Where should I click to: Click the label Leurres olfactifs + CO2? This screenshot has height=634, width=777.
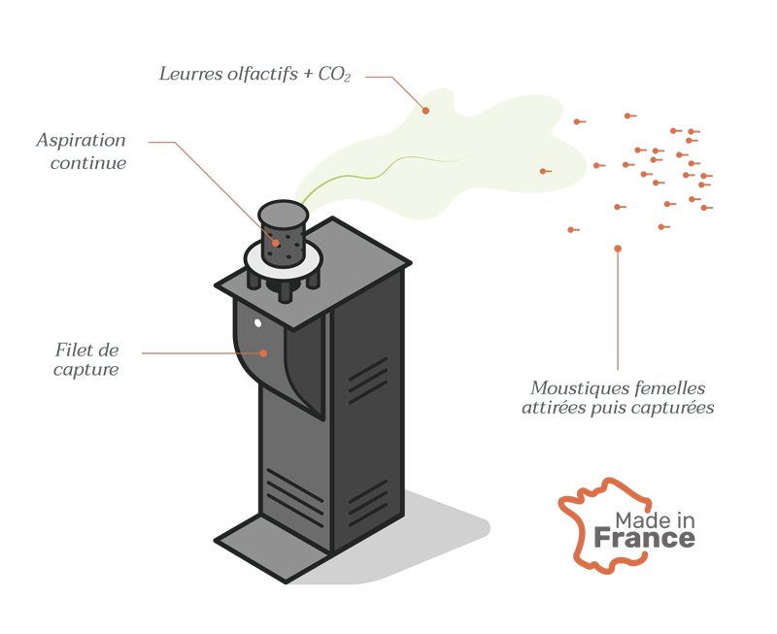pyautogui.click(x=254, y=75)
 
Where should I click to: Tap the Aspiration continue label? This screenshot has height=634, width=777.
pyautogui.click(x=82, y=151)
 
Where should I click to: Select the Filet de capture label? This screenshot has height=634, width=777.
pyautogui.click(x=87, y=360)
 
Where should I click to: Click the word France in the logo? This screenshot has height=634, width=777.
pyautogui.click(x=644, y=538)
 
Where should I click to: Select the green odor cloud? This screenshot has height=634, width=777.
pyautogui.click(x=437, y=155)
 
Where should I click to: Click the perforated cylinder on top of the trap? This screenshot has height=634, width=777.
pyautogui.click(x=283, y=233)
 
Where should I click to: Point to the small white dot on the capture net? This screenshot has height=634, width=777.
pyautogui.click(x=257, y=323)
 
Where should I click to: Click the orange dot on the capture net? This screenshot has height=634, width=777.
pyautogui.click(x=263, y=353)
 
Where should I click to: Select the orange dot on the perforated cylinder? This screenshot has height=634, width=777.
pyautogui.click(x=276, y=243)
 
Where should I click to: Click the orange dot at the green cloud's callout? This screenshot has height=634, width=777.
pyautogui.click(x=425, y=111)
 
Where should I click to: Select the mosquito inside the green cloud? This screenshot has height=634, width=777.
pyautogui.click(x=545, y=172)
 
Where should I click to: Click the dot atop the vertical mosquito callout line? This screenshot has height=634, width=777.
pyautogui.click(x=618, y=250)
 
